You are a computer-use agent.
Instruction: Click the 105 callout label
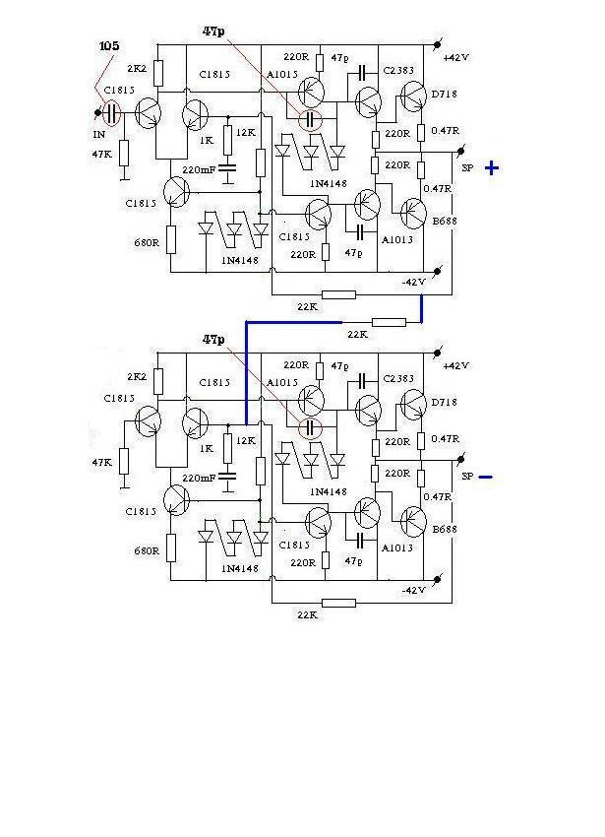pyautogui.click(x=111, y=47)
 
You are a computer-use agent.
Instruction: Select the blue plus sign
pyautogui.click(x=492, y=168)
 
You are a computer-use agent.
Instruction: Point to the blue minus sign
pyautogui.click(x=485, y=478)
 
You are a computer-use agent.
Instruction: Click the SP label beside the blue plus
pyautogui.click(x=468, y=168)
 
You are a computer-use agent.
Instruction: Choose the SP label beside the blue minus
pyautogui.click(x=467, y=477)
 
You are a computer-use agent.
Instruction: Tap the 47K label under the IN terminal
pyautogui.click(x=102, y=155)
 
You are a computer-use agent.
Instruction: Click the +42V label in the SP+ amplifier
pyautogui.click(x=456, y=58)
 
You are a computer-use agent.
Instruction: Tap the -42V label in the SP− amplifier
pyautogui.click(x=414, y=590)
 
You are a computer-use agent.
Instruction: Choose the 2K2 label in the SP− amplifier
pyautogui.click(x=137, y=377)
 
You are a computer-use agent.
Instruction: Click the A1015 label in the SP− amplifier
pyautogui.click(x=281, y=382)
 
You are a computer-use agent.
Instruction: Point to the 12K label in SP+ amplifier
pyautogui.click(x=246, y=131)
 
